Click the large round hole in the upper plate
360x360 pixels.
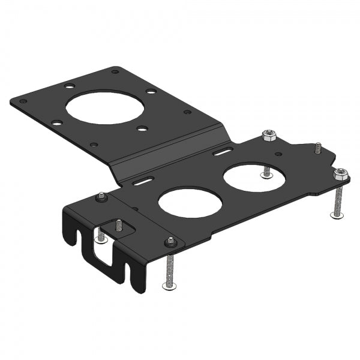pos(105,106)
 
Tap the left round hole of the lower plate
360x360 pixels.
pos(190,204)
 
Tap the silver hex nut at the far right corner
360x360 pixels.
pos(340,174)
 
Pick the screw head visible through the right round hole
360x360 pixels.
pos(266,175)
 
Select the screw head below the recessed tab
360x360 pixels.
pos(100,238)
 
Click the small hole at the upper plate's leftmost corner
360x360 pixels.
pos(23,101)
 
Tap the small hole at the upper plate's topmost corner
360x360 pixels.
pos(115,71)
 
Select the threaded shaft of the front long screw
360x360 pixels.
pos(170,267)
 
